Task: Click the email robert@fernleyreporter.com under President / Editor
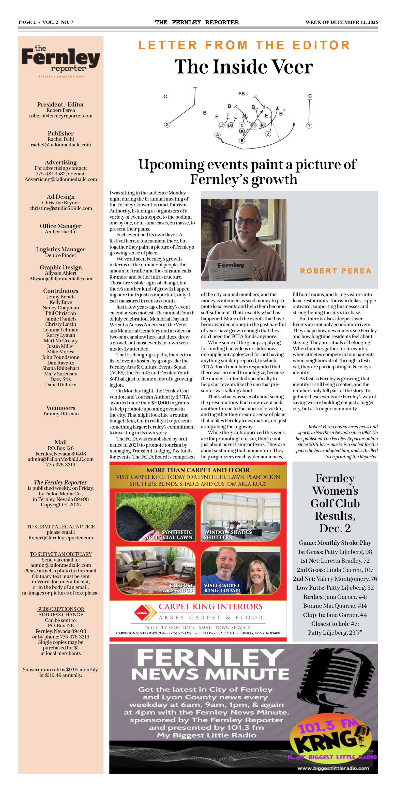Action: click(x=60, y=116)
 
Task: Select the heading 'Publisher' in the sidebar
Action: click(x=60, y=133)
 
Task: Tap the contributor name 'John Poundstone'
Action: click(x=60, y=357)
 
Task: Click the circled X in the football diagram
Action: click(x=167, y=125)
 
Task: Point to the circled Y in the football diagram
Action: click(x=309, y=126)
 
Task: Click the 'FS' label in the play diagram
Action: click(x=241, y=94)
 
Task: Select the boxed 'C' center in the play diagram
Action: click(x=242, y=125)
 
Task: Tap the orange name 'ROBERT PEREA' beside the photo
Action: click(x=336, y=271)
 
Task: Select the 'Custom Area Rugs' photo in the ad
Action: click(x=156, y=570)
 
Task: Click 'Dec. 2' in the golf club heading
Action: click(x=335, y=528)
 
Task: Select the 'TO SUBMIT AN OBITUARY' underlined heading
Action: click(x=60, y=554)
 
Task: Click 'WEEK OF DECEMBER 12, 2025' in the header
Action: click(x=341, y=22)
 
